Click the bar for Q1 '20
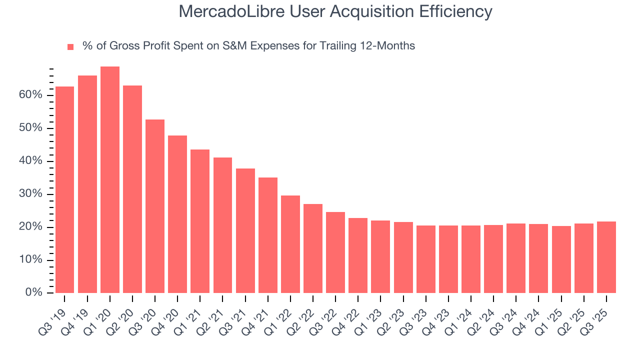(x=110, y=180)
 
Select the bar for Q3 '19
(x=64, y=190)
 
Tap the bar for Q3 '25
(x=606, y=257)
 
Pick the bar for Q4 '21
(x=268, y=235)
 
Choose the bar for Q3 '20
(x=155, y=206)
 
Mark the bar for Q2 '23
(x=403, y=257)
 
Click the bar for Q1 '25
(x=561, y=259)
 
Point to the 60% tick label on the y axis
(x=30, y=95)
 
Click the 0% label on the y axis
(x=33, y=292)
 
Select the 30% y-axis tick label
(x=30, y=194)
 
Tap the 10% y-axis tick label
(x=30, y=260)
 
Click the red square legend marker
(x=70, y=46)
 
